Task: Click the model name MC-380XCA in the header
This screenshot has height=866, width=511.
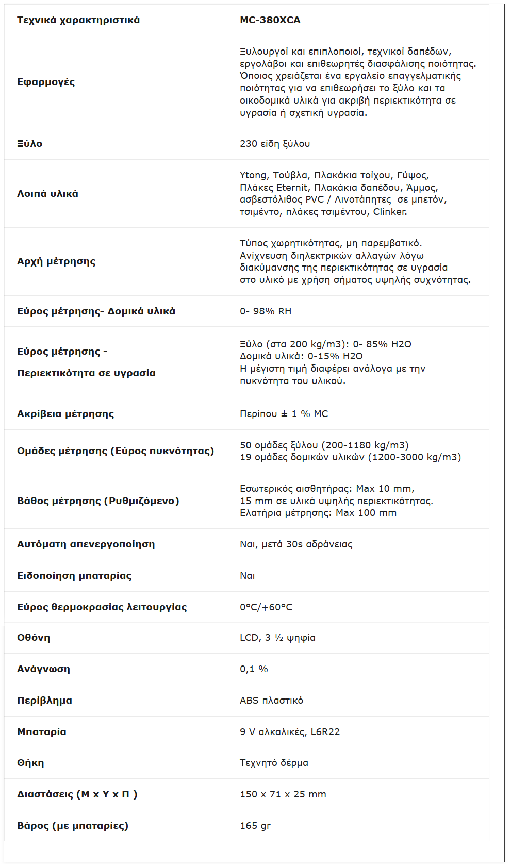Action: (x=270, y=20)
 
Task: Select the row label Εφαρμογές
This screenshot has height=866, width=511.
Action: (x=46, y=82)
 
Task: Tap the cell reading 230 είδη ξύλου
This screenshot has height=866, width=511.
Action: (x=275, y=144)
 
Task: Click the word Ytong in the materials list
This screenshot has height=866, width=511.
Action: (x=253, y=175)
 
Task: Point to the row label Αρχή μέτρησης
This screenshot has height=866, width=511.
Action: (x=56, y=261)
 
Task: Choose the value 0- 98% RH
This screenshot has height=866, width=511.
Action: (x=266, y=311)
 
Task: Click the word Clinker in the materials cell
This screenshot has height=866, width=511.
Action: (x=389, y=212)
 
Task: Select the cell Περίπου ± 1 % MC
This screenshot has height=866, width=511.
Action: (x=284, y=414)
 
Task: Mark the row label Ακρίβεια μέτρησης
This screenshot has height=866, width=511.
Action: (x=65, y=414)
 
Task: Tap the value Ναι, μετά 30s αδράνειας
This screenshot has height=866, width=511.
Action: (x=296, y=544)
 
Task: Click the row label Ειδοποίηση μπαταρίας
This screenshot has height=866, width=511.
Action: (x=74, y=576)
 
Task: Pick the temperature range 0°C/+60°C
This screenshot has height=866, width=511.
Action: (x=266, y=607)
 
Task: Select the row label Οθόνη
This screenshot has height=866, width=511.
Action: (x=34, y=638)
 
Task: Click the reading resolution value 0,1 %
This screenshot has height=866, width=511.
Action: (x=254, y=669)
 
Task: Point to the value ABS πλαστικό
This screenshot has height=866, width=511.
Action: (x=271, y=701)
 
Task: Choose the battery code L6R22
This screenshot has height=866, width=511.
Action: (x=325, y=732)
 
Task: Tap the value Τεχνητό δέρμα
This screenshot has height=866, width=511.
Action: (x=274, y=763)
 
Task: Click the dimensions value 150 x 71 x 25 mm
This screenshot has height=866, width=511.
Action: (x=283, y=794)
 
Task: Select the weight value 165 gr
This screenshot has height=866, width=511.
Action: (x=255, y=826)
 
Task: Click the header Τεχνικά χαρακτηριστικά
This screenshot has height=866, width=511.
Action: (x=78, y=20)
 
